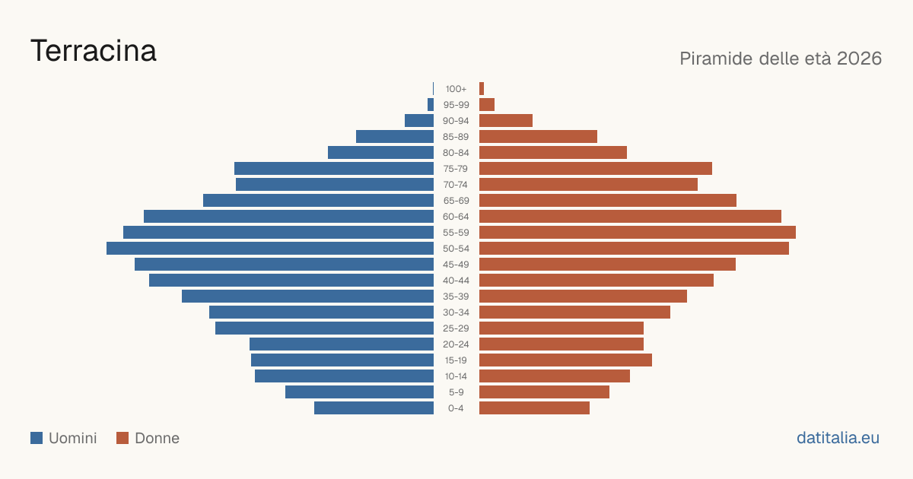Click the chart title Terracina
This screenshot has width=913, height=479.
[x=94, y=51]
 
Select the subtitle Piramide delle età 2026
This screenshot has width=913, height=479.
[x=781, y=59]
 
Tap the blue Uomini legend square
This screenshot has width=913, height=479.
[x=37, y=438]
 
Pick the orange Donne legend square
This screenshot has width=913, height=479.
[x=122, y=438]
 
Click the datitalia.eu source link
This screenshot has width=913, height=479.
[x=838, y=438]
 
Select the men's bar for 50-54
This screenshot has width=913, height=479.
[x=270, y=249]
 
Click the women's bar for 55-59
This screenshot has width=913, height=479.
[x=638, y=233]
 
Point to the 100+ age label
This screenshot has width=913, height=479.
[x=456, y=89]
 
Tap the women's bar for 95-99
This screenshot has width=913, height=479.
[x=487, y=105]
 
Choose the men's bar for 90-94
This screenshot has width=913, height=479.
[x=419, y=121]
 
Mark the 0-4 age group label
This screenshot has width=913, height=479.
[x=456, y=408]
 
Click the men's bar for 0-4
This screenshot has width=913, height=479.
[x=374, y=408]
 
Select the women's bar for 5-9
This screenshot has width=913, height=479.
[x=544, y=392]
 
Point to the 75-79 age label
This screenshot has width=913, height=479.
[x=456, y=169]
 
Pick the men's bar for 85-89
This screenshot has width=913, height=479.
[x=395, y=136]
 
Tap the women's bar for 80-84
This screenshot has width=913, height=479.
[x=553, y=153]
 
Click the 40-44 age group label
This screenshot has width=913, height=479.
[x=456, y=281]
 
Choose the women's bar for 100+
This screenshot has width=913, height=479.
[x=482, y=89]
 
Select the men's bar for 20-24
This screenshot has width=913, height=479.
[x=342, y=344]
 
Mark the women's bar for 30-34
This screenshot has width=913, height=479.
[x=574, y=312]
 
